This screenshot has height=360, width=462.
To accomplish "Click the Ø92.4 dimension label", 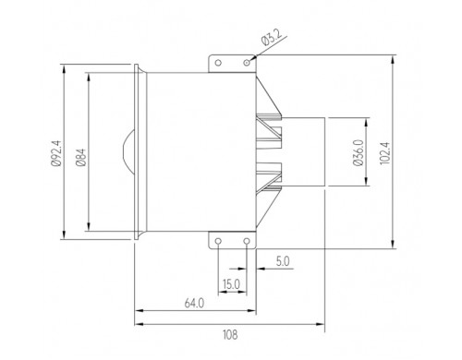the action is click(x=56, y=153).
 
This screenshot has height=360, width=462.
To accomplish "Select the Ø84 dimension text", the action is click(x=81, y=158).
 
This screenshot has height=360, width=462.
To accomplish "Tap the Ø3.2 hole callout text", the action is click(x=272, y=38).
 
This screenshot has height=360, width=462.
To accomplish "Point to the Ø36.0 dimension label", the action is click(x=359, y=152).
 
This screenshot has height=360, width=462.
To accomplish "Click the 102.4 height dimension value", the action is click(x=385, y=153).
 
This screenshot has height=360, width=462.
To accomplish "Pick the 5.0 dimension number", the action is click(x=283, y=261).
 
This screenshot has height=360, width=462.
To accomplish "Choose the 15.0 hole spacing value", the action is click(x=231, y=284).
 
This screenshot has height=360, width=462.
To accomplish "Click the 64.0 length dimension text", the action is click(x=194, y=304).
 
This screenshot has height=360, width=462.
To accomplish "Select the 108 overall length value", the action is click(x=230, y=334).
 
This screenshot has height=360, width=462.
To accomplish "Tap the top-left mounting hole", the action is click(x=218, y=63).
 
